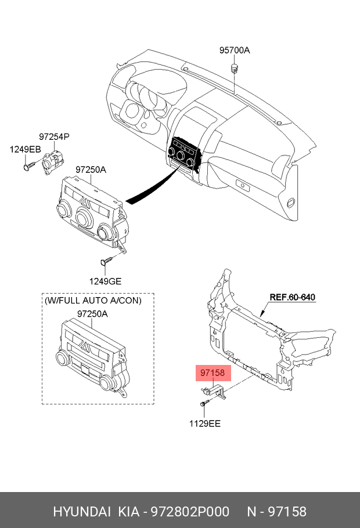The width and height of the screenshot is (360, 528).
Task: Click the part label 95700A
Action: tap(235, 50)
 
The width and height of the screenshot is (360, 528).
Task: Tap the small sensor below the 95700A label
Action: tap(234, 67)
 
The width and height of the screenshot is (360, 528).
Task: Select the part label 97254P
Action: tap(54, 137)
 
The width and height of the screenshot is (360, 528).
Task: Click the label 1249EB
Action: tap(26, 149)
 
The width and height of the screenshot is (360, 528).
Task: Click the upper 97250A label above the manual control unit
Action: tap(91, 169)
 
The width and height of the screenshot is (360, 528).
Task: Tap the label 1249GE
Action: tap(105, 281)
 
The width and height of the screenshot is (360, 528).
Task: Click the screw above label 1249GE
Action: tap(106, 261)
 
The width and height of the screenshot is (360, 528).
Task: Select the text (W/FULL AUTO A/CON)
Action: tap(93, 301)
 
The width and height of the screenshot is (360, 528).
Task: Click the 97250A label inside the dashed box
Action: tap(92, 314)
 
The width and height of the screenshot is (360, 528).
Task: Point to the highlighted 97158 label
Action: tap(213, 373)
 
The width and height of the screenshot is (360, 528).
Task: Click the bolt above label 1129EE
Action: tap(204, 403)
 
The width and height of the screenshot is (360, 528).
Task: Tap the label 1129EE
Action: tap(205, 424)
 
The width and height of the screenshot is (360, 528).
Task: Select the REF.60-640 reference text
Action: tap(293, 297)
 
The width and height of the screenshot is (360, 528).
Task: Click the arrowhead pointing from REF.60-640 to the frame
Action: tap(261, 315)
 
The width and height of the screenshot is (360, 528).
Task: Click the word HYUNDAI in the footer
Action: tap(82, 512)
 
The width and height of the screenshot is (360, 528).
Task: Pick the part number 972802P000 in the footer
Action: tap(190, 512)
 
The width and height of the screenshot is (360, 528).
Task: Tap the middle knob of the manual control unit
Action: tap(84, 218)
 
